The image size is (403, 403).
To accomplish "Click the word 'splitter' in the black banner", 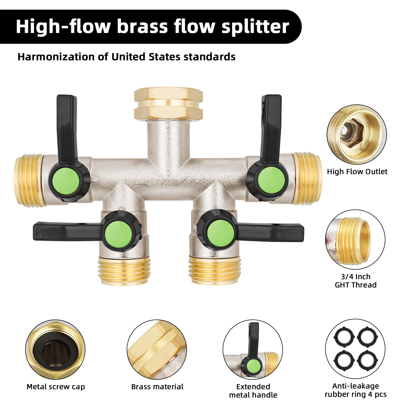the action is tap(255, 26).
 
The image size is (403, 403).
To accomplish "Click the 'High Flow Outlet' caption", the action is tap(357, 172).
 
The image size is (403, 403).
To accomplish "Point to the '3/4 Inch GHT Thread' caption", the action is tap(356, 281).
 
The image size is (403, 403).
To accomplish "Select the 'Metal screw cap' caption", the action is tap(56, 387).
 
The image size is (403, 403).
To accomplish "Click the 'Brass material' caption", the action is tap(157, 387).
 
